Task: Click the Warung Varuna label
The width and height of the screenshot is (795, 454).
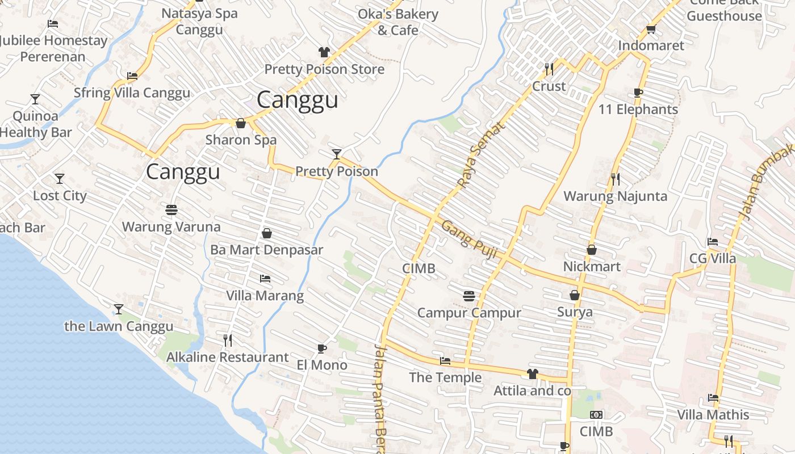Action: point(171,227)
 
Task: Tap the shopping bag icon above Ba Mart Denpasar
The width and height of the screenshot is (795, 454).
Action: point(267,233)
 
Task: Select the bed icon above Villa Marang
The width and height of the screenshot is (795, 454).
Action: point(265,279)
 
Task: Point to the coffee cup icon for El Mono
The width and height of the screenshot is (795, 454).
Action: point(322,348)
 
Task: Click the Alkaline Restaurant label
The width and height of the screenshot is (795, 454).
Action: point(227,358)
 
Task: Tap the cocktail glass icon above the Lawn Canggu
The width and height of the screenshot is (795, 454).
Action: point(119,309)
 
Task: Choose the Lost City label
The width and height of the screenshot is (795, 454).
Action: point(60,196)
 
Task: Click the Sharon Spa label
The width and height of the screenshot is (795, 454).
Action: point(241,140)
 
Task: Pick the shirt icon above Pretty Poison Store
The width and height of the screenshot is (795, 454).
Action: point(324,52)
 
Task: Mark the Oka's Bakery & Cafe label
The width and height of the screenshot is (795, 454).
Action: point(398,22)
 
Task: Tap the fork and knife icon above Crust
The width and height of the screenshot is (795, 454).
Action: point(549,69)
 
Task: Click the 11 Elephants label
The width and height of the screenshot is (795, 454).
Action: point(638,110)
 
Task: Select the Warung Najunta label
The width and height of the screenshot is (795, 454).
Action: point(615,196)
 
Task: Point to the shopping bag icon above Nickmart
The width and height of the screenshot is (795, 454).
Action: point(592,250)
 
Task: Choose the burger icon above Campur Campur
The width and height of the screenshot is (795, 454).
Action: point(469,296)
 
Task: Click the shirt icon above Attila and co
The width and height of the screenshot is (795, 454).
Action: point(532,373)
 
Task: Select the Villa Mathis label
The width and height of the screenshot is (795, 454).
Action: point(713,415)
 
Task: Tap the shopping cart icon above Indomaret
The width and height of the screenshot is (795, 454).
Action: point(651,30)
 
